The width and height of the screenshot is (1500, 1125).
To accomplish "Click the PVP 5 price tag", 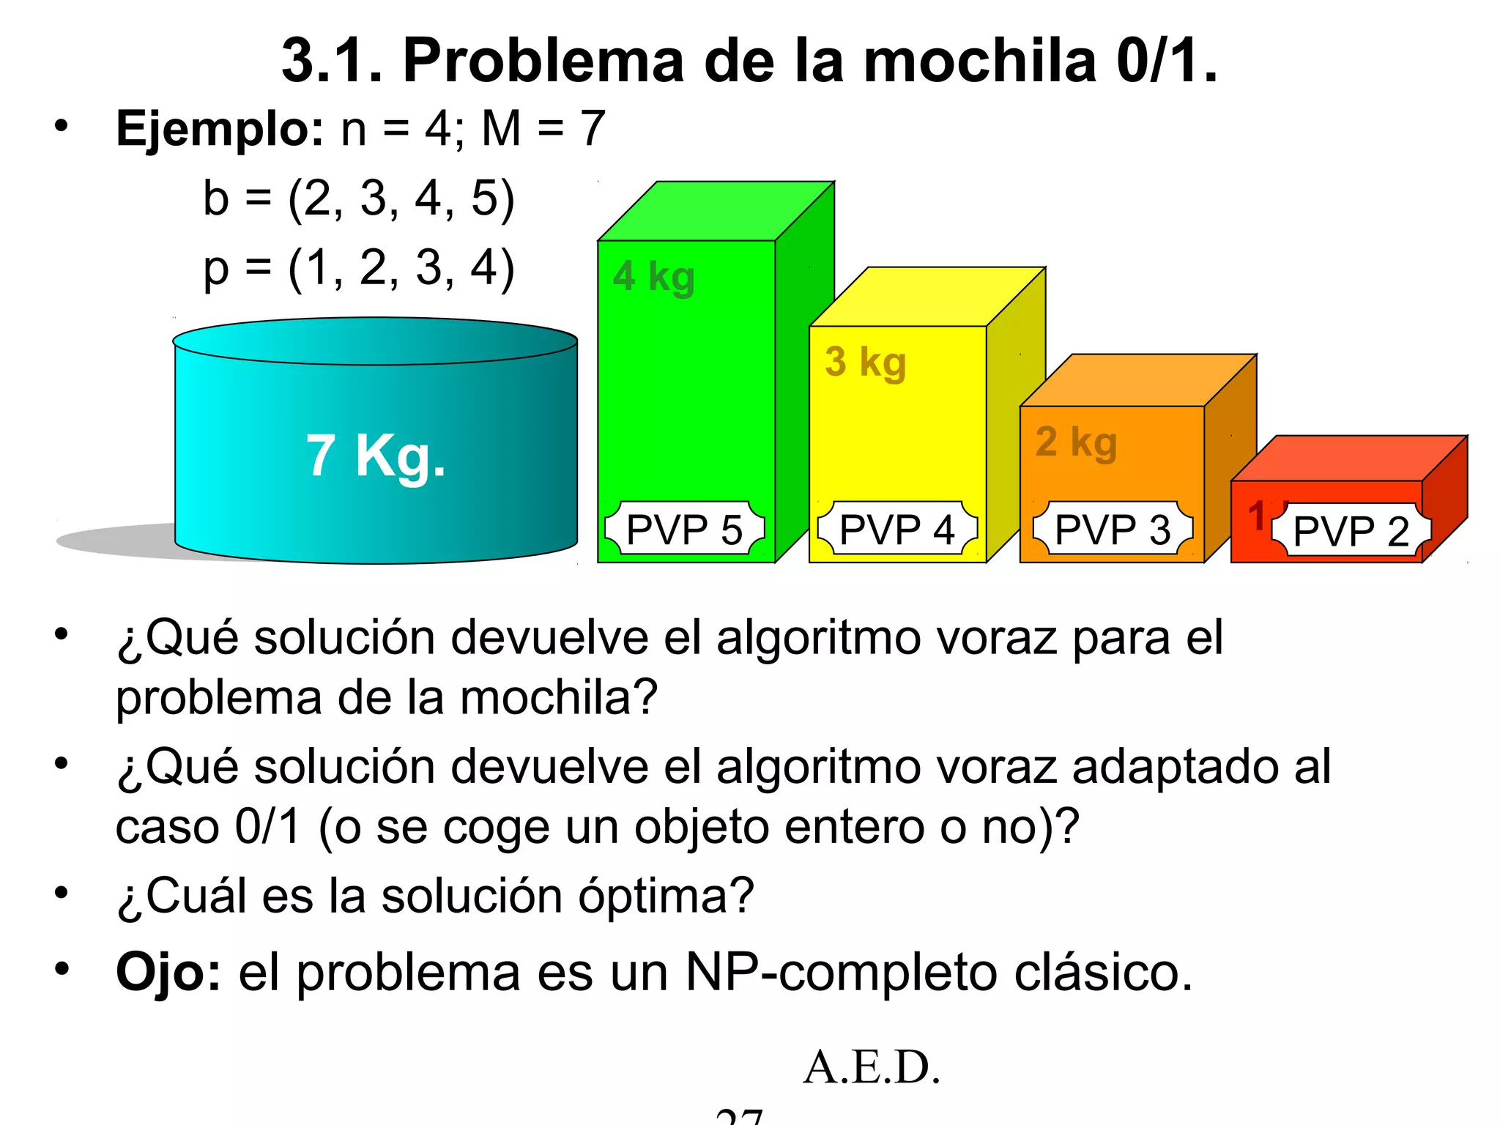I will tap(684, 530).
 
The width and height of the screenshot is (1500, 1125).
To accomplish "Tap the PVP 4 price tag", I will tap(896, 530).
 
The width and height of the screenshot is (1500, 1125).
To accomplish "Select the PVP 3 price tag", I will tap(1113, 530).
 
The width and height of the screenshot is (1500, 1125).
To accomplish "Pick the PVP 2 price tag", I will tap(1351, 531).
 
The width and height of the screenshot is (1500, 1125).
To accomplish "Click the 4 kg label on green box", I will tap(653, 277).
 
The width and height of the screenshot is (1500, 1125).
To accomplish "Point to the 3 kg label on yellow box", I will tap(866, 362).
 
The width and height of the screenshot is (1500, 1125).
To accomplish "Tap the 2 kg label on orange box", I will tap(1076, 442).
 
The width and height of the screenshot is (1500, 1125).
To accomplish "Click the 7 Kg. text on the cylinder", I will tap(376, 456).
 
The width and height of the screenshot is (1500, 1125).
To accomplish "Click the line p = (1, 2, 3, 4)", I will tap(359, 267).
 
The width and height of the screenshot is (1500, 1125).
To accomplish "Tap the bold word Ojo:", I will tap(168, 973).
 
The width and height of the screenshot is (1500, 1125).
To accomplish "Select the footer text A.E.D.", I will tap(871, 1066).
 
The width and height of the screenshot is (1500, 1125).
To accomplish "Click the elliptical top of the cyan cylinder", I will tap(375, 341).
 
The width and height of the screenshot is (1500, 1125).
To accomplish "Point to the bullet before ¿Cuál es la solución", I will tap(62, 893).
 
